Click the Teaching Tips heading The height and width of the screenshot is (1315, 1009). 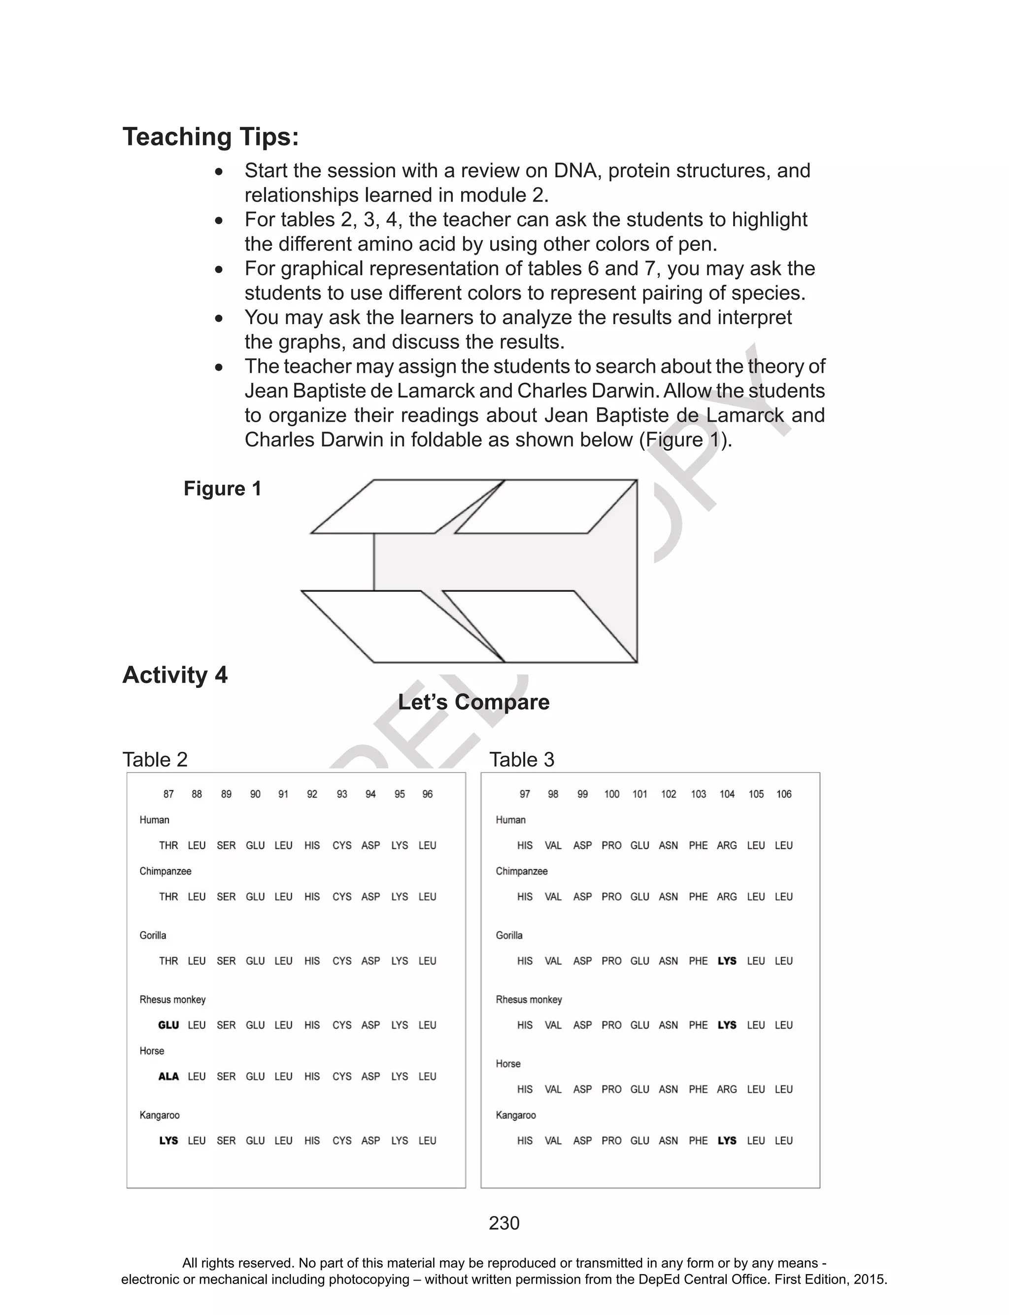(210, 137)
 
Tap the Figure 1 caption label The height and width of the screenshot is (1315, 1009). (222, 489)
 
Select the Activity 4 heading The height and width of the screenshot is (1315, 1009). (175, 675)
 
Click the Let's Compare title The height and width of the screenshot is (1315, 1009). (473, 702)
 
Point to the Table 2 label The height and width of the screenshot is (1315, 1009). (155, 760)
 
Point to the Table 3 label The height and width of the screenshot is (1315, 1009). (521, 760)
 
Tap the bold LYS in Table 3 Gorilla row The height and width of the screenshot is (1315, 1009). (727, 961)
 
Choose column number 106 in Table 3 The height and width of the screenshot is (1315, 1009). (784, 794)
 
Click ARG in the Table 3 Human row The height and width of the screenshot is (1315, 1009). (727, 845)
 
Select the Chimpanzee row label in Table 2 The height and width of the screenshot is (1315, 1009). (165, 871)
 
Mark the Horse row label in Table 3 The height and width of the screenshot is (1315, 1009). (508, 1063)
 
